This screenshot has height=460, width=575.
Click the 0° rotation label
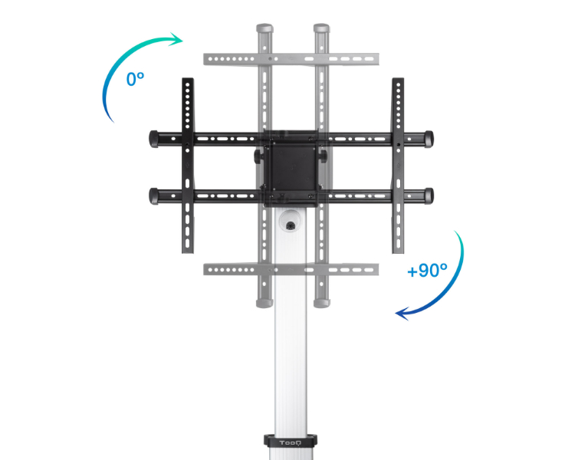[135, 79]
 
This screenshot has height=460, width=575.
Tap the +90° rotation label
[427, 271]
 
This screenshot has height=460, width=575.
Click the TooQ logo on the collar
[290, 443]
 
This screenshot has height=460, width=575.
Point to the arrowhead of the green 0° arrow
[176, 39]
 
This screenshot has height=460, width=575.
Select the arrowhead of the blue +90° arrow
[402, 314]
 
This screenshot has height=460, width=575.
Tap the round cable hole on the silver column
[291, 225]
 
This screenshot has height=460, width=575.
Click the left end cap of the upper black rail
[153, 139]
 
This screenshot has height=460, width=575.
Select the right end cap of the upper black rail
[429, 139]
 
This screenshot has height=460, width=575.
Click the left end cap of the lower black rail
[153, 196]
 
